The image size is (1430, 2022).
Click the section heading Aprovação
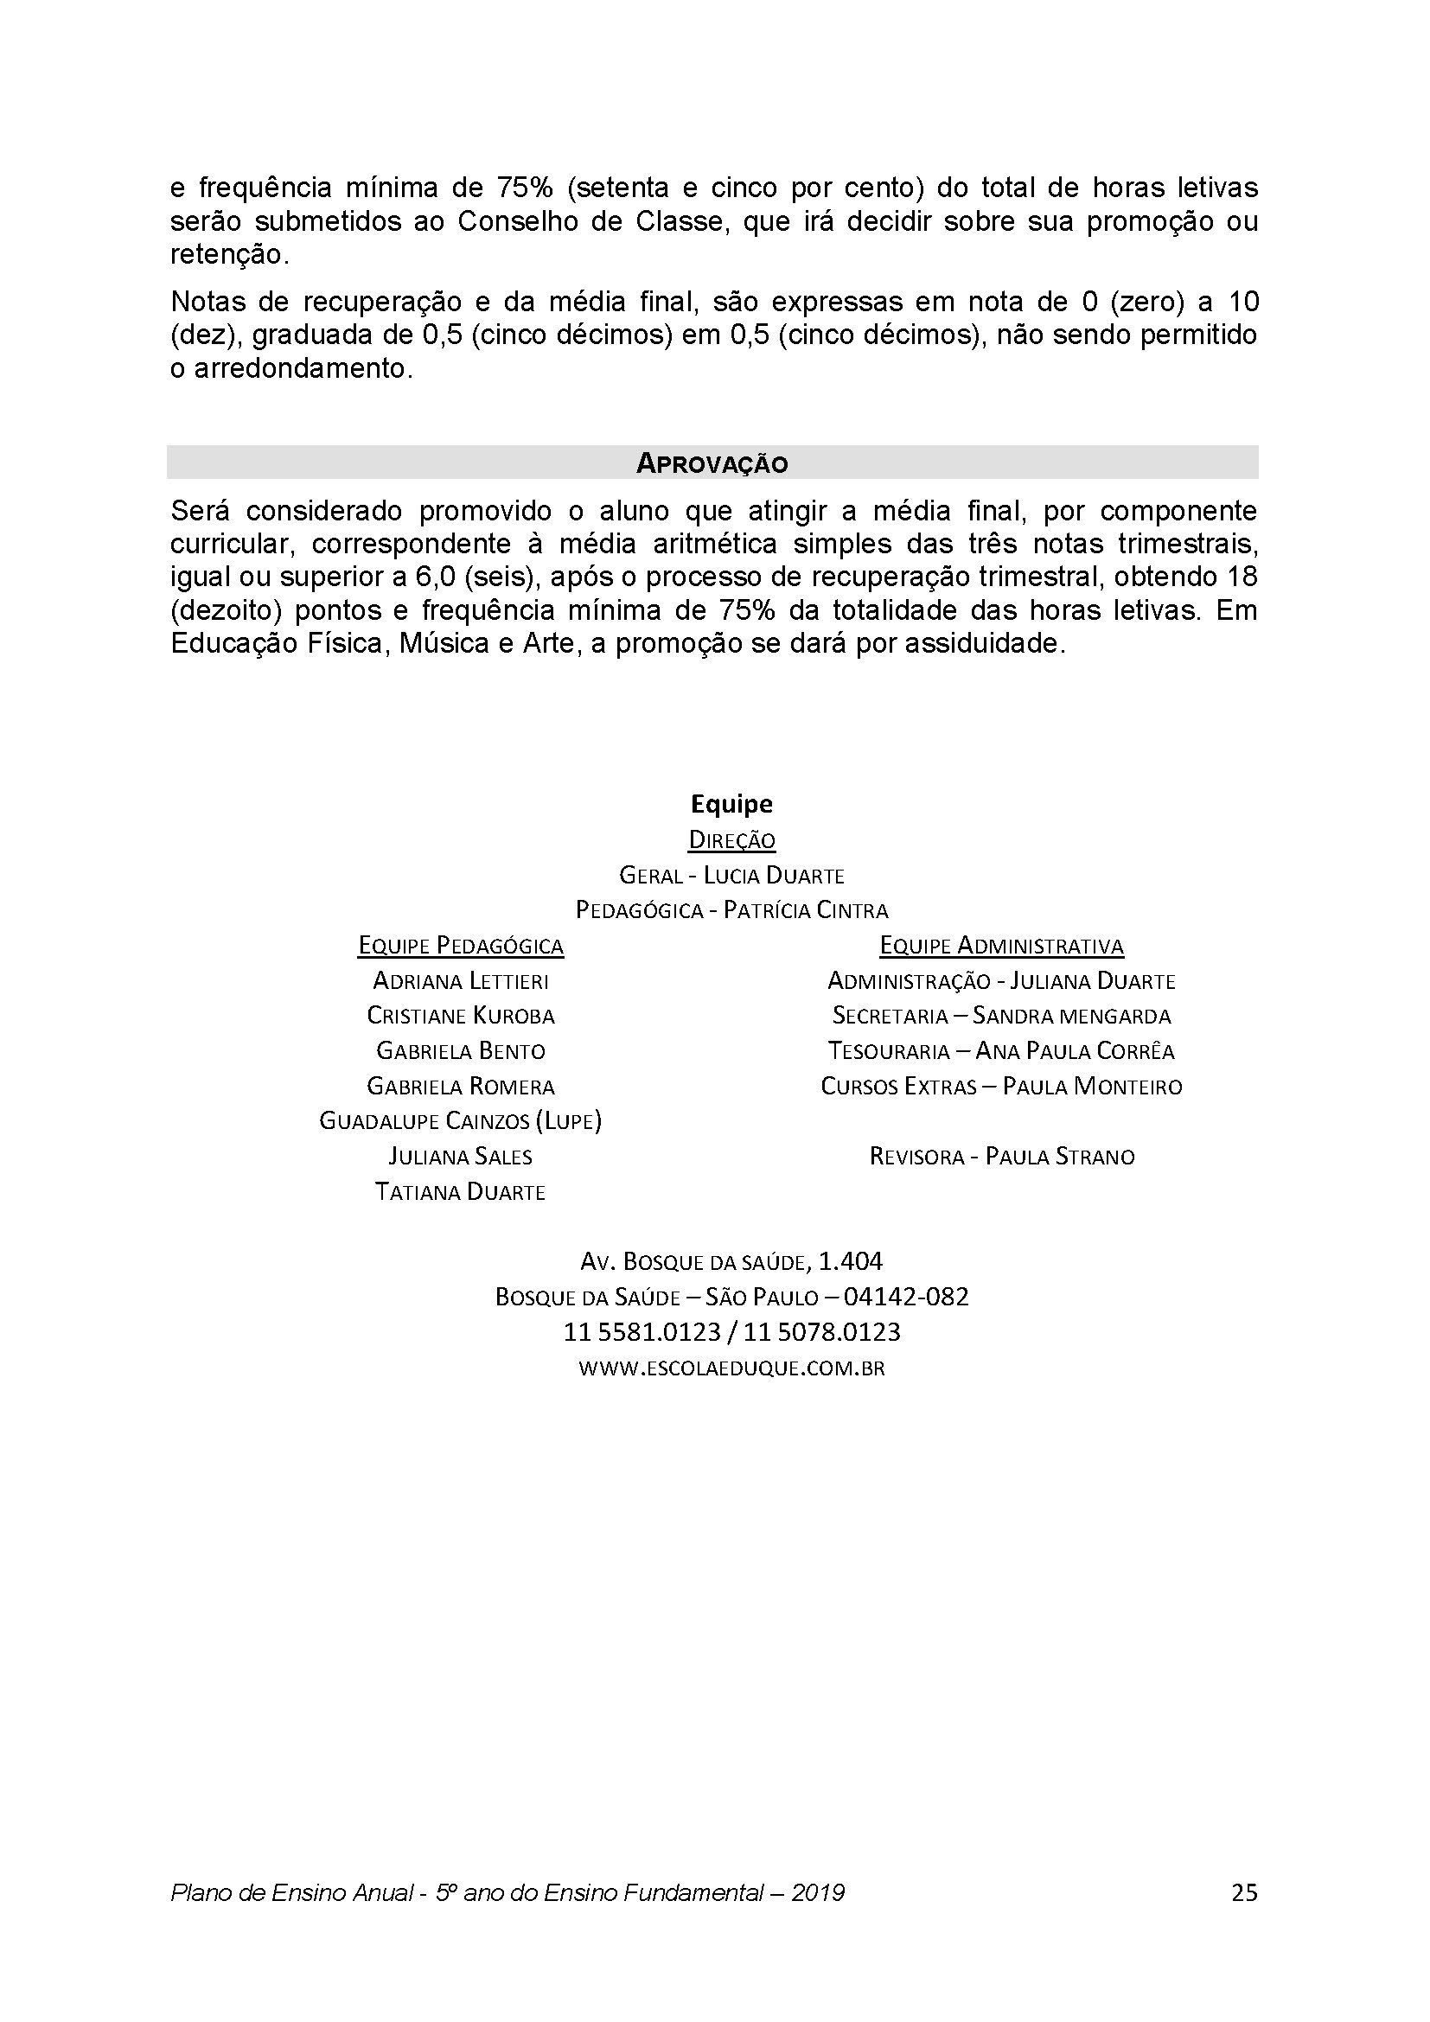coord(712,463)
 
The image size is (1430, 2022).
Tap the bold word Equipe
coord(731,804)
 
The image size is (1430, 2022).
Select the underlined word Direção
coord(731,840)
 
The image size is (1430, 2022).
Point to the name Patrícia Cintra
coord(805,909)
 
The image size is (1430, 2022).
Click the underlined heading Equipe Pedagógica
coord(461,946)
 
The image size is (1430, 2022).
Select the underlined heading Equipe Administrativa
coord(1001,946)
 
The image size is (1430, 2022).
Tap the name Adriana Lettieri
coord(461,981)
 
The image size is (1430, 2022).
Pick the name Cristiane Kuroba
coord(461,1017)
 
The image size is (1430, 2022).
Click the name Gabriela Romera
coord(461,1087)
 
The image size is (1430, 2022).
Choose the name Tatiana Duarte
coord(461,1192)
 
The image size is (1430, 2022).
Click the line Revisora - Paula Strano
coord(1001,1157)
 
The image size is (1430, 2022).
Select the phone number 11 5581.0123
coord(642,1332)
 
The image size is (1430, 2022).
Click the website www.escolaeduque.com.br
coord(731,1368)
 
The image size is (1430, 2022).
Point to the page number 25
coord(1244,1892)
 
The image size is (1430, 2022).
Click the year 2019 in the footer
coord(817,1892)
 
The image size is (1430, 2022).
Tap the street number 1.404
coord(851,1262)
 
